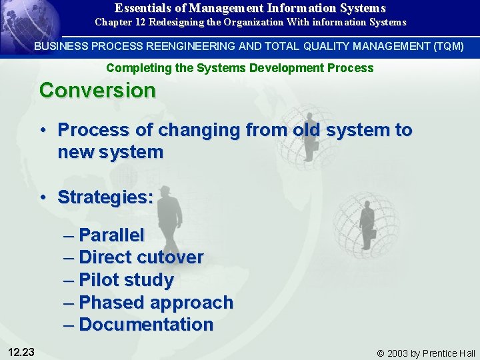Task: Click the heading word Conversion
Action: tap(97, 91)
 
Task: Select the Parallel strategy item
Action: tap(111, 235)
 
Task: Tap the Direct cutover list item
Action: tap(141, 257)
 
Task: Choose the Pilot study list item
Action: tap(126, 280)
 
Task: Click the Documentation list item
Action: tap(146, 325)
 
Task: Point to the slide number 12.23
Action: tap(23, 352)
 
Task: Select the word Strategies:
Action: tap(105, 197)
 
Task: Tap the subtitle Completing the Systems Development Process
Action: tap(240, 68)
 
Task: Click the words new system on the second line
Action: tap(110, 152)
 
